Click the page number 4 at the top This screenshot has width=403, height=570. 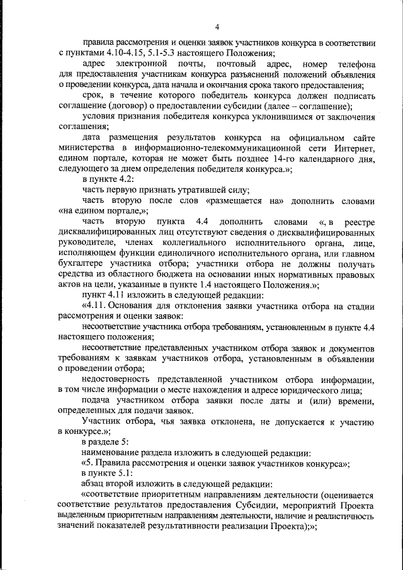(x=217, y=26)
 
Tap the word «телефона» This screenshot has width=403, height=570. (x=356, y=64)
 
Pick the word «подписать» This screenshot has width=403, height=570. (x=356, y=95)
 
